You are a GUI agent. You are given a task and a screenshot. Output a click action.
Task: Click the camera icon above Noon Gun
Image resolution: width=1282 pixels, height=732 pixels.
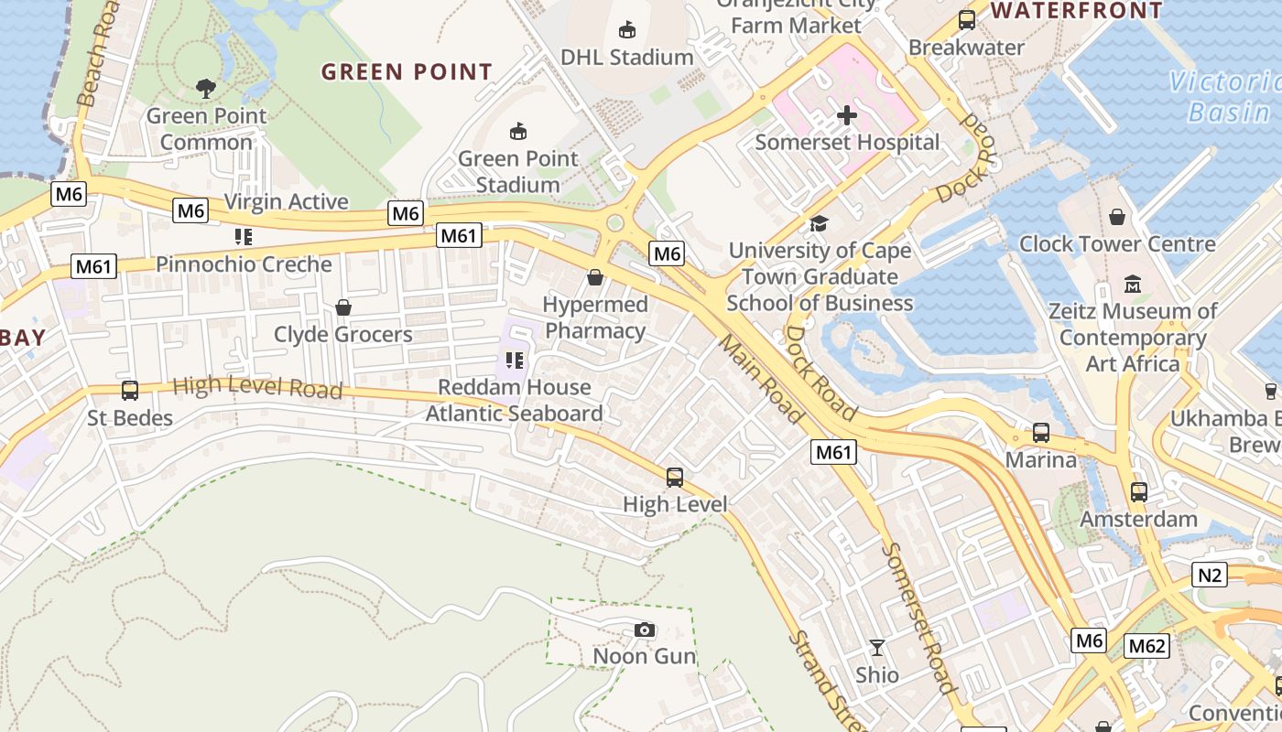[645, 630]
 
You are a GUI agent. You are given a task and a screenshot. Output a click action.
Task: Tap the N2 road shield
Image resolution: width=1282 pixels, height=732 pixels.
[1210, 575]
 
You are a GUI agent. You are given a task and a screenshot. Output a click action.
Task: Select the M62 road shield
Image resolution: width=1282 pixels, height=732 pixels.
[1146, 646]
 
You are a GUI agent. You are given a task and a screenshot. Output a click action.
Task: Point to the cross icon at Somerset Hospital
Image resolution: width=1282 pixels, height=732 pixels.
[847, 115]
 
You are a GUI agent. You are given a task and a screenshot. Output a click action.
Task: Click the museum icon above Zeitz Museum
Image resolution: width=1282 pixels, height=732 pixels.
[1133, 284]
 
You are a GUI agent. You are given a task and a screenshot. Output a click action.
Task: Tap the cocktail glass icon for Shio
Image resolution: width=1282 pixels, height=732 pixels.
[877, 648]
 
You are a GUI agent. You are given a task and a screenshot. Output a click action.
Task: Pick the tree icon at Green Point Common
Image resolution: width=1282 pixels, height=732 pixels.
[207, 89]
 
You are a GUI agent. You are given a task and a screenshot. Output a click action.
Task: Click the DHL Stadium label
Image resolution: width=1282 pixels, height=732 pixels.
[627, 57]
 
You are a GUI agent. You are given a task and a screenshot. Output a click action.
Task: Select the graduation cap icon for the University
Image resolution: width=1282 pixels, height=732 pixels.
[819, 223]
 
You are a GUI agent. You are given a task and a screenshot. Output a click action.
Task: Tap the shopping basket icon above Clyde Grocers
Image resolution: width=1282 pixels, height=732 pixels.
[343, 307]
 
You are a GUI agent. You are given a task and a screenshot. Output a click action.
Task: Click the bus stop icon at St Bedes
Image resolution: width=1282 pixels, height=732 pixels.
[130, 391]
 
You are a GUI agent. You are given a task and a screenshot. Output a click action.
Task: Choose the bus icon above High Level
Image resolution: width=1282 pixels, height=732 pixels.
[675, 477]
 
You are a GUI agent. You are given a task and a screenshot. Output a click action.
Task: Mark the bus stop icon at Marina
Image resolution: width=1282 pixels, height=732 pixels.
[1041, 432]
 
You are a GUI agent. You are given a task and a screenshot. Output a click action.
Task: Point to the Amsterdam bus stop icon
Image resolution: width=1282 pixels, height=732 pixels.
[1139, 492]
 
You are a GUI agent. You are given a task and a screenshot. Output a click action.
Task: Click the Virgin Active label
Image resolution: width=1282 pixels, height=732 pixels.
[286, 201]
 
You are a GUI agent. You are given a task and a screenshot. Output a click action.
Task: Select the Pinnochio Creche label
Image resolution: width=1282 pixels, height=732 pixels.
[244, 264]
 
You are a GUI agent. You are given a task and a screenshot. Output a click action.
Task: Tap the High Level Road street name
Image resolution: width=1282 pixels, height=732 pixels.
[257, 388]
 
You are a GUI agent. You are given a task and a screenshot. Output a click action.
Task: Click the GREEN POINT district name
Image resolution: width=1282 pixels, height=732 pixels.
[407, 71]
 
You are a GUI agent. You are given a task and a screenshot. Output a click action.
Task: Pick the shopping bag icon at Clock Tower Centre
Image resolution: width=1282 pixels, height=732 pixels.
[1117, 217]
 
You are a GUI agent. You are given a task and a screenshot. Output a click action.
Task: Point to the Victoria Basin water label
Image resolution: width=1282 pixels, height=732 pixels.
[1224, 97]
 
